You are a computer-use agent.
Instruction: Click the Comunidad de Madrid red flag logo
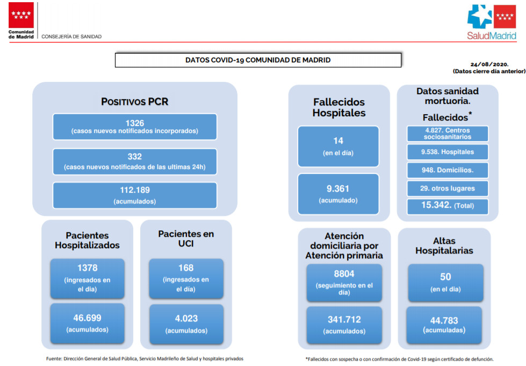tap(21, 15)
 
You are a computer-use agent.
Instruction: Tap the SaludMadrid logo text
tap(492, 36)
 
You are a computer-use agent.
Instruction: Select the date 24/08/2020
tap(489, 64)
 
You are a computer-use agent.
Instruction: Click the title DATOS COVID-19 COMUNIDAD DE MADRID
tap(258, 60)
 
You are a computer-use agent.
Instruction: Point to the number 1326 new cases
tap(134, 123)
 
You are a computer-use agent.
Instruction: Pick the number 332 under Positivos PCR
tap(134, 157)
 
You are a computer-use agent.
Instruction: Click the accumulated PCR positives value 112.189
tap(134, 190)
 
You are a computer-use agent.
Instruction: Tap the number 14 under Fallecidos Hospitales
tap(338, 141)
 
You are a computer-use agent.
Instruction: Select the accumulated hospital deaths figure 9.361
tap(338, 189)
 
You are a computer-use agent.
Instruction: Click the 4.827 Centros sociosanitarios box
tap(448, 133)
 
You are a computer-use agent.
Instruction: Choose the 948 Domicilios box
tap(448, 170)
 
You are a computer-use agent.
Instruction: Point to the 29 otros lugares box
tap(448, 188)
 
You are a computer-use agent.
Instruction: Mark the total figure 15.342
tap(436, 205)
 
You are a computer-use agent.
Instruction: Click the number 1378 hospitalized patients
tap(87, 268)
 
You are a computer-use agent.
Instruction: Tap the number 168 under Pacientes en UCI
tap(186, 268)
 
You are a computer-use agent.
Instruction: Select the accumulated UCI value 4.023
tap(186, 319)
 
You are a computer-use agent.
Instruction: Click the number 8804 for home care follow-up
tap(344, 274)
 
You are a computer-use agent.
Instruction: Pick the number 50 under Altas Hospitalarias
tap(445, 277)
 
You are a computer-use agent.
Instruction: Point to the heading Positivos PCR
tap(134, 102)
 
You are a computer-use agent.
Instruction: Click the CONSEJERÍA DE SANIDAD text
tap(71, 37)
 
